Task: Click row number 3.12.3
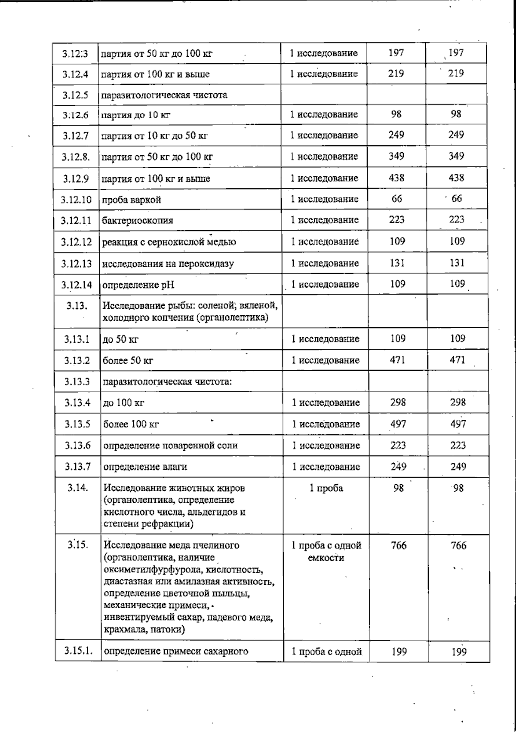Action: (75, 54)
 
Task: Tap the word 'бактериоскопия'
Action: (138, 221)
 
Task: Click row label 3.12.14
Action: (76, 285)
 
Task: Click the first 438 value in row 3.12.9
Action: (396, 178)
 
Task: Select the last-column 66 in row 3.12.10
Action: (457, 199)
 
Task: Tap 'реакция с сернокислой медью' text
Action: (169, 242)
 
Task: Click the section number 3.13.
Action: (77, 306)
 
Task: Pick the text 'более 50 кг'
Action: (128, 360)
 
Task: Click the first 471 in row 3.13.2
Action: (397, 360)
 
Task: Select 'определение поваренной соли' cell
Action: (170, 446)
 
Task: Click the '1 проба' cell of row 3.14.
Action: (326, 488)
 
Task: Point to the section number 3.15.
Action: (78, 545)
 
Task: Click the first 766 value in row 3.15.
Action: (398, 545)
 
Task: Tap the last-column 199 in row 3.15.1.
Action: (459, 652)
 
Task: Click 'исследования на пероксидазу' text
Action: (168, 264)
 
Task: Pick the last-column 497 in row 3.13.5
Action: (458, 424)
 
